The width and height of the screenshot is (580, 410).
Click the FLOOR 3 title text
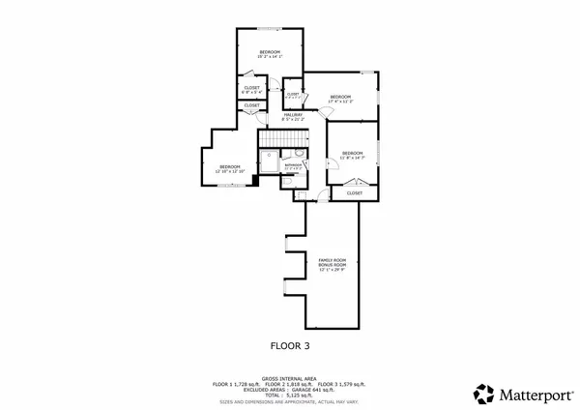[289, 343]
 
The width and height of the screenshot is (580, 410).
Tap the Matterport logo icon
[483, 394]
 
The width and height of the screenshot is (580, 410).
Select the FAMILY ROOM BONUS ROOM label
[333, 264]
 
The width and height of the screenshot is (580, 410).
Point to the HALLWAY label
[292, 117]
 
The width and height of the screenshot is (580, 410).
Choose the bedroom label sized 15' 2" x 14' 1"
[269, 54]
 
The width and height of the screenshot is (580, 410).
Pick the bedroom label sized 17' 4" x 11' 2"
[339, 99]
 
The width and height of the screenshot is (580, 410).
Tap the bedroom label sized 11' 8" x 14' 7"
[352, 155]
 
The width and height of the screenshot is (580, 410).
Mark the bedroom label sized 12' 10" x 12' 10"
[229, 169]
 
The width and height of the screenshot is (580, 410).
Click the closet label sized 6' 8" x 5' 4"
[251, 90]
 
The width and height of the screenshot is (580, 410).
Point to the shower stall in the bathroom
[267, 163]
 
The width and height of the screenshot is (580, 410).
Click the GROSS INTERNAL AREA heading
[289, 379]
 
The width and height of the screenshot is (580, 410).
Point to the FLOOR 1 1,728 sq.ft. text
[235, 384]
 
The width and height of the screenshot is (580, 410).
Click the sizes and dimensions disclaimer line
[289, 401]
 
